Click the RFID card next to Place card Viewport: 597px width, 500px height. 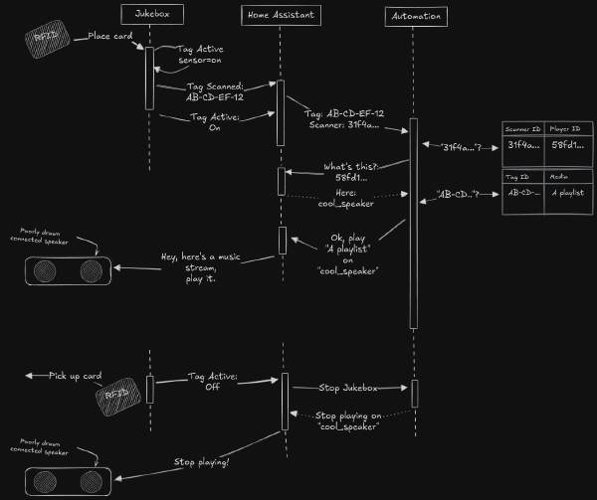pyautogui.click(x=44, y=39)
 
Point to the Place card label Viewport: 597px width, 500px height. pyautogui.click(x=110, y=36)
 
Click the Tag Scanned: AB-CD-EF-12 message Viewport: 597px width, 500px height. pyautogui.click(x=215, y=92)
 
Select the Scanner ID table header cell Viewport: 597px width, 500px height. pyautogui.click(x=523, y=129)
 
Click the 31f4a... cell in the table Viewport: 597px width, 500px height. pyautogui.click(x=523, y=146)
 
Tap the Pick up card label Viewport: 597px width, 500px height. pyautogui.click(x=76, y=376)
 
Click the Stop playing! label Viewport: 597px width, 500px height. pyautogui.click(x=202, y=461)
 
